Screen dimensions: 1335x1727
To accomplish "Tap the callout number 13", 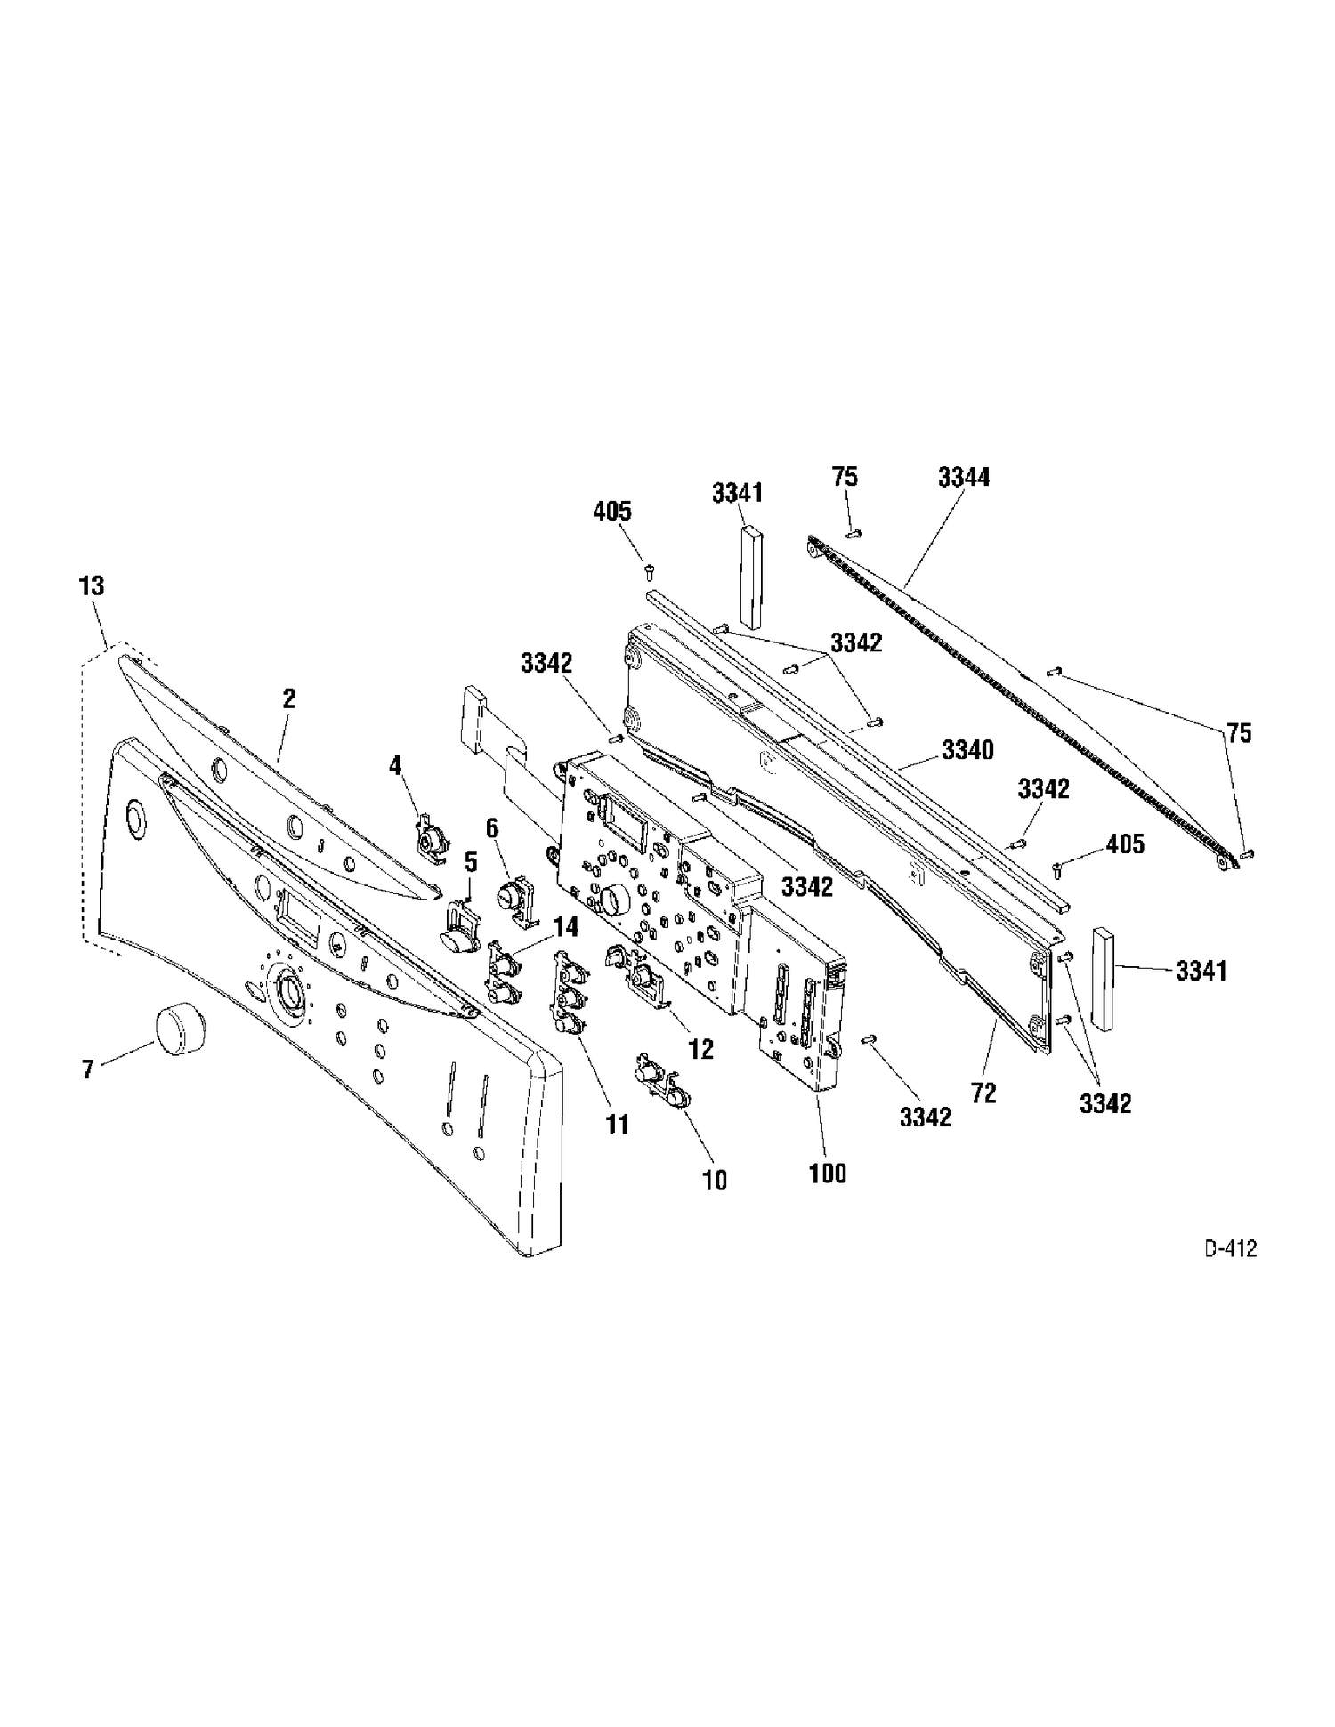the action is [92, 585].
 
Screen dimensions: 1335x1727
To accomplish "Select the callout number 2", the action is [288, 698].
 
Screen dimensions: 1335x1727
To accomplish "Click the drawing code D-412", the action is [1231, 1249].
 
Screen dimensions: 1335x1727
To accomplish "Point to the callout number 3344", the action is [964, 477].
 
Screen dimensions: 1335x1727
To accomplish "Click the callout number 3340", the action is [968, 750].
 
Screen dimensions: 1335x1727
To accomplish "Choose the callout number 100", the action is [828, 1173].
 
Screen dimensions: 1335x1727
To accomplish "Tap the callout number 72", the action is [983, 1093].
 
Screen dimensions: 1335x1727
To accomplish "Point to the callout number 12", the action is [701, 1049].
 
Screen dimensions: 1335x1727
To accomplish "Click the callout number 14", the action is [566, 927].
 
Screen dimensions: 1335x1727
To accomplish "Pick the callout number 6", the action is [492, 827].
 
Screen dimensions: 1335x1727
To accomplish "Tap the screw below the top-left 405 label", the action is [648, 567].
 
